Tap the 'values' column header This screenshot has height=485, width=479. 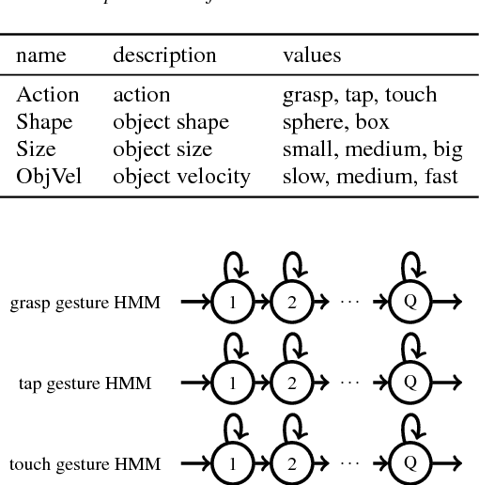(312, 55)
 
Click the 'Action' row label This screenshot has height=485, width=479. (48, 95)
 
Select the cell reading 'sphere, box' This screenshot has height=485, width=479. (334, 122)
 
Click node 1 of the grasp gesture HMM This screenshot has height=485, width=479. (228, 301)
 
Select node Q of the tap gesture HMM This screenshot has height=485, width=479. (410, 383)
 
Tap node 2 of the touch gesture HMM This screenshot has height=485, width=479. (292, 464)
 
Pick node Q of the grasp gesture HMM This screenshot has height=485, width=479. (410, 301)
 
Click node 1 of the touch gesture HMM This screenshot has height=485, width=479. (228, 464)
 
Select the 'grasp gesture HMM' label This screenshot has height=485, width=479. (85, 302)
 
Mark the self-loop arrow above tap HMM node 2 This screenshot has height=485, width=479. (294, 350)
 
